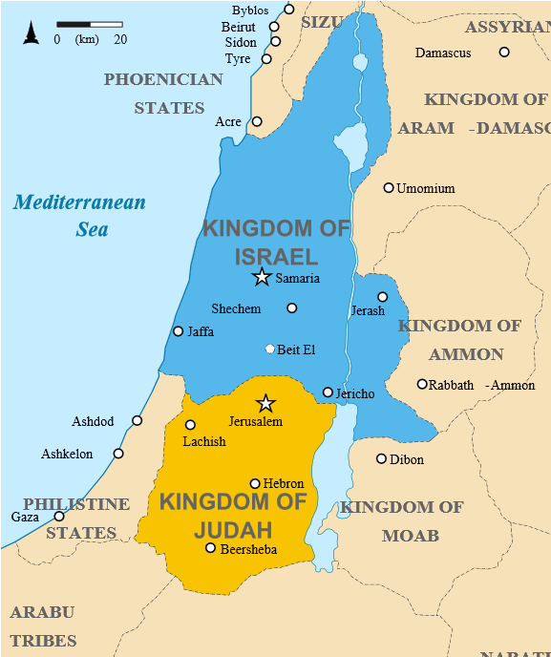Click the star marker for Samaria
coord(262,277)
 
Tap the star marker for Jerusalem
coord(266,404)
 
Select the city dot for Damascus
coord(504,52)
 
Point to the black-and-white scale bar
coord(89,24)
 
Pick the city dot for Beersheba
coord(211,547)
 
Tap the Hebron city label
coord(284,484)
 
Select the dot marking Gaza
coord(59,516)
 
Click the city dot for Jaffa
coord(178,331)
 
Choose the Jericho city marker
coord(328,392)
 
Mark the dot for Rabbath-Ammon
coord(422,384)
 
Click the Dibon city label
coord(407,459)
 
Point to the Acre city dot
coord(257,121)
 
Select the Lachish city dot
coord(190,425)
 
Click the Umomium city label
coord(426,188)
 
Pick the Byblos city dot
coord(289,10)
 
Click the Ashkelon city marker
coord(118,454)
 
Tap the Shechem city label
coord(236,308)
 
